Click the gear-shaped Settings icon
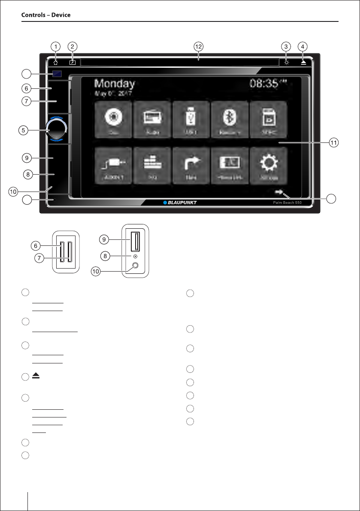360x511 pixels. point(268,165)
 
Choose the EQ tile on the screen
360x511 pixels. point(152,165)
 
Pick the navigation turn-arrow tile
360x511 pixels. point(191,165)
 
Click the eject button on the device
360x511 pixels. point(303,62)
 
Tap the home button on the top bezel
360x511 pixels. point(55,62)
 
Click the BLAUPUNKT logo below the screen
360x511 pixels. point(180,202)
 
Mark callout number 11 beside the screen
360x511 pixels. point(333,142)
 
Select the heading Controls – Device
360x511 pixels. point(46,15)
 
